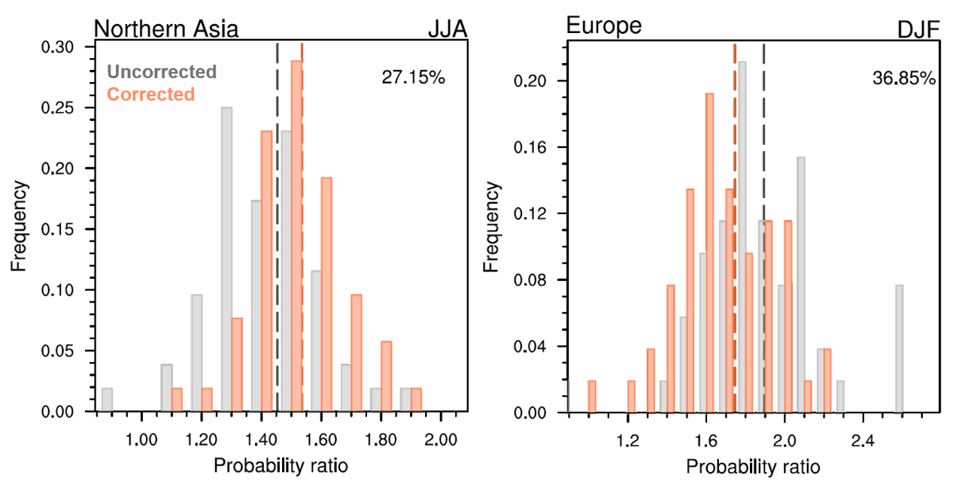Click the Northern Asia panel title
click(x=166, y=29)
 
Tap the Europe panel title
click(x=603, y=26)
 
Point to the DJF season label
click(x=917, y=30)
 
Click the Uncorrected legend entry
click(x=162, y=72)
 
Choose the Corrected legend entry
click(x=151, y=94)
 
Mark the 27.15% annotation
click(x=414, y=77)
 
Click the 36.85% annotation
click(x=904, y=77)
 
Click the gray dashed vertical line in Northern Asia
click(x=278, y=225)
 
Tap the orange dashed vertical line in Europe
click(x=734, y=225)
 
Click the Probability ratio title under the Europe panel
click(x=753, y=467)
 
